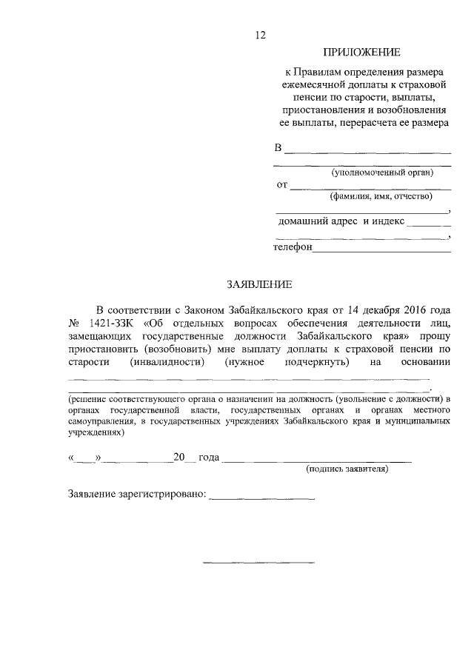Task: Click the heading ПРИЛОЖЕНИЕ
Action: [x=361, y=53]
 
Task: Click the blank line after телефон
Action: [x=381, y=250]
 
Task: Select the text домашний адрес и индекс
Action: [x=341, y=221]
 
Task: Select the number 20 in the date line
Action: [x=178, y=458]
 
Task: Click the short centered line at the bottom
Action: [x=258, y=563]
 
